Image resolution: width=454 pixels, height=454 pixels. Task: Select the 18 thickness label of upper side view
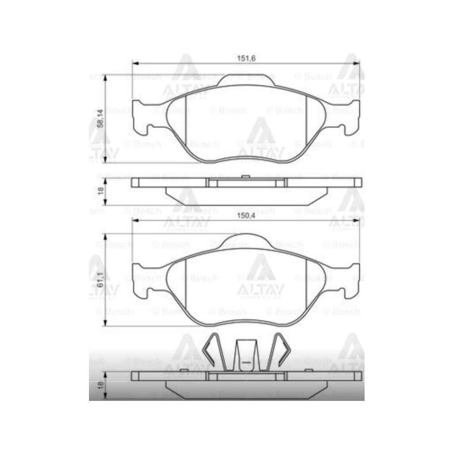100,190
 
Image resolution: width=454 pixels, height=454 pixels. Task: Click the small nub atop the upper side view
245,176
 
